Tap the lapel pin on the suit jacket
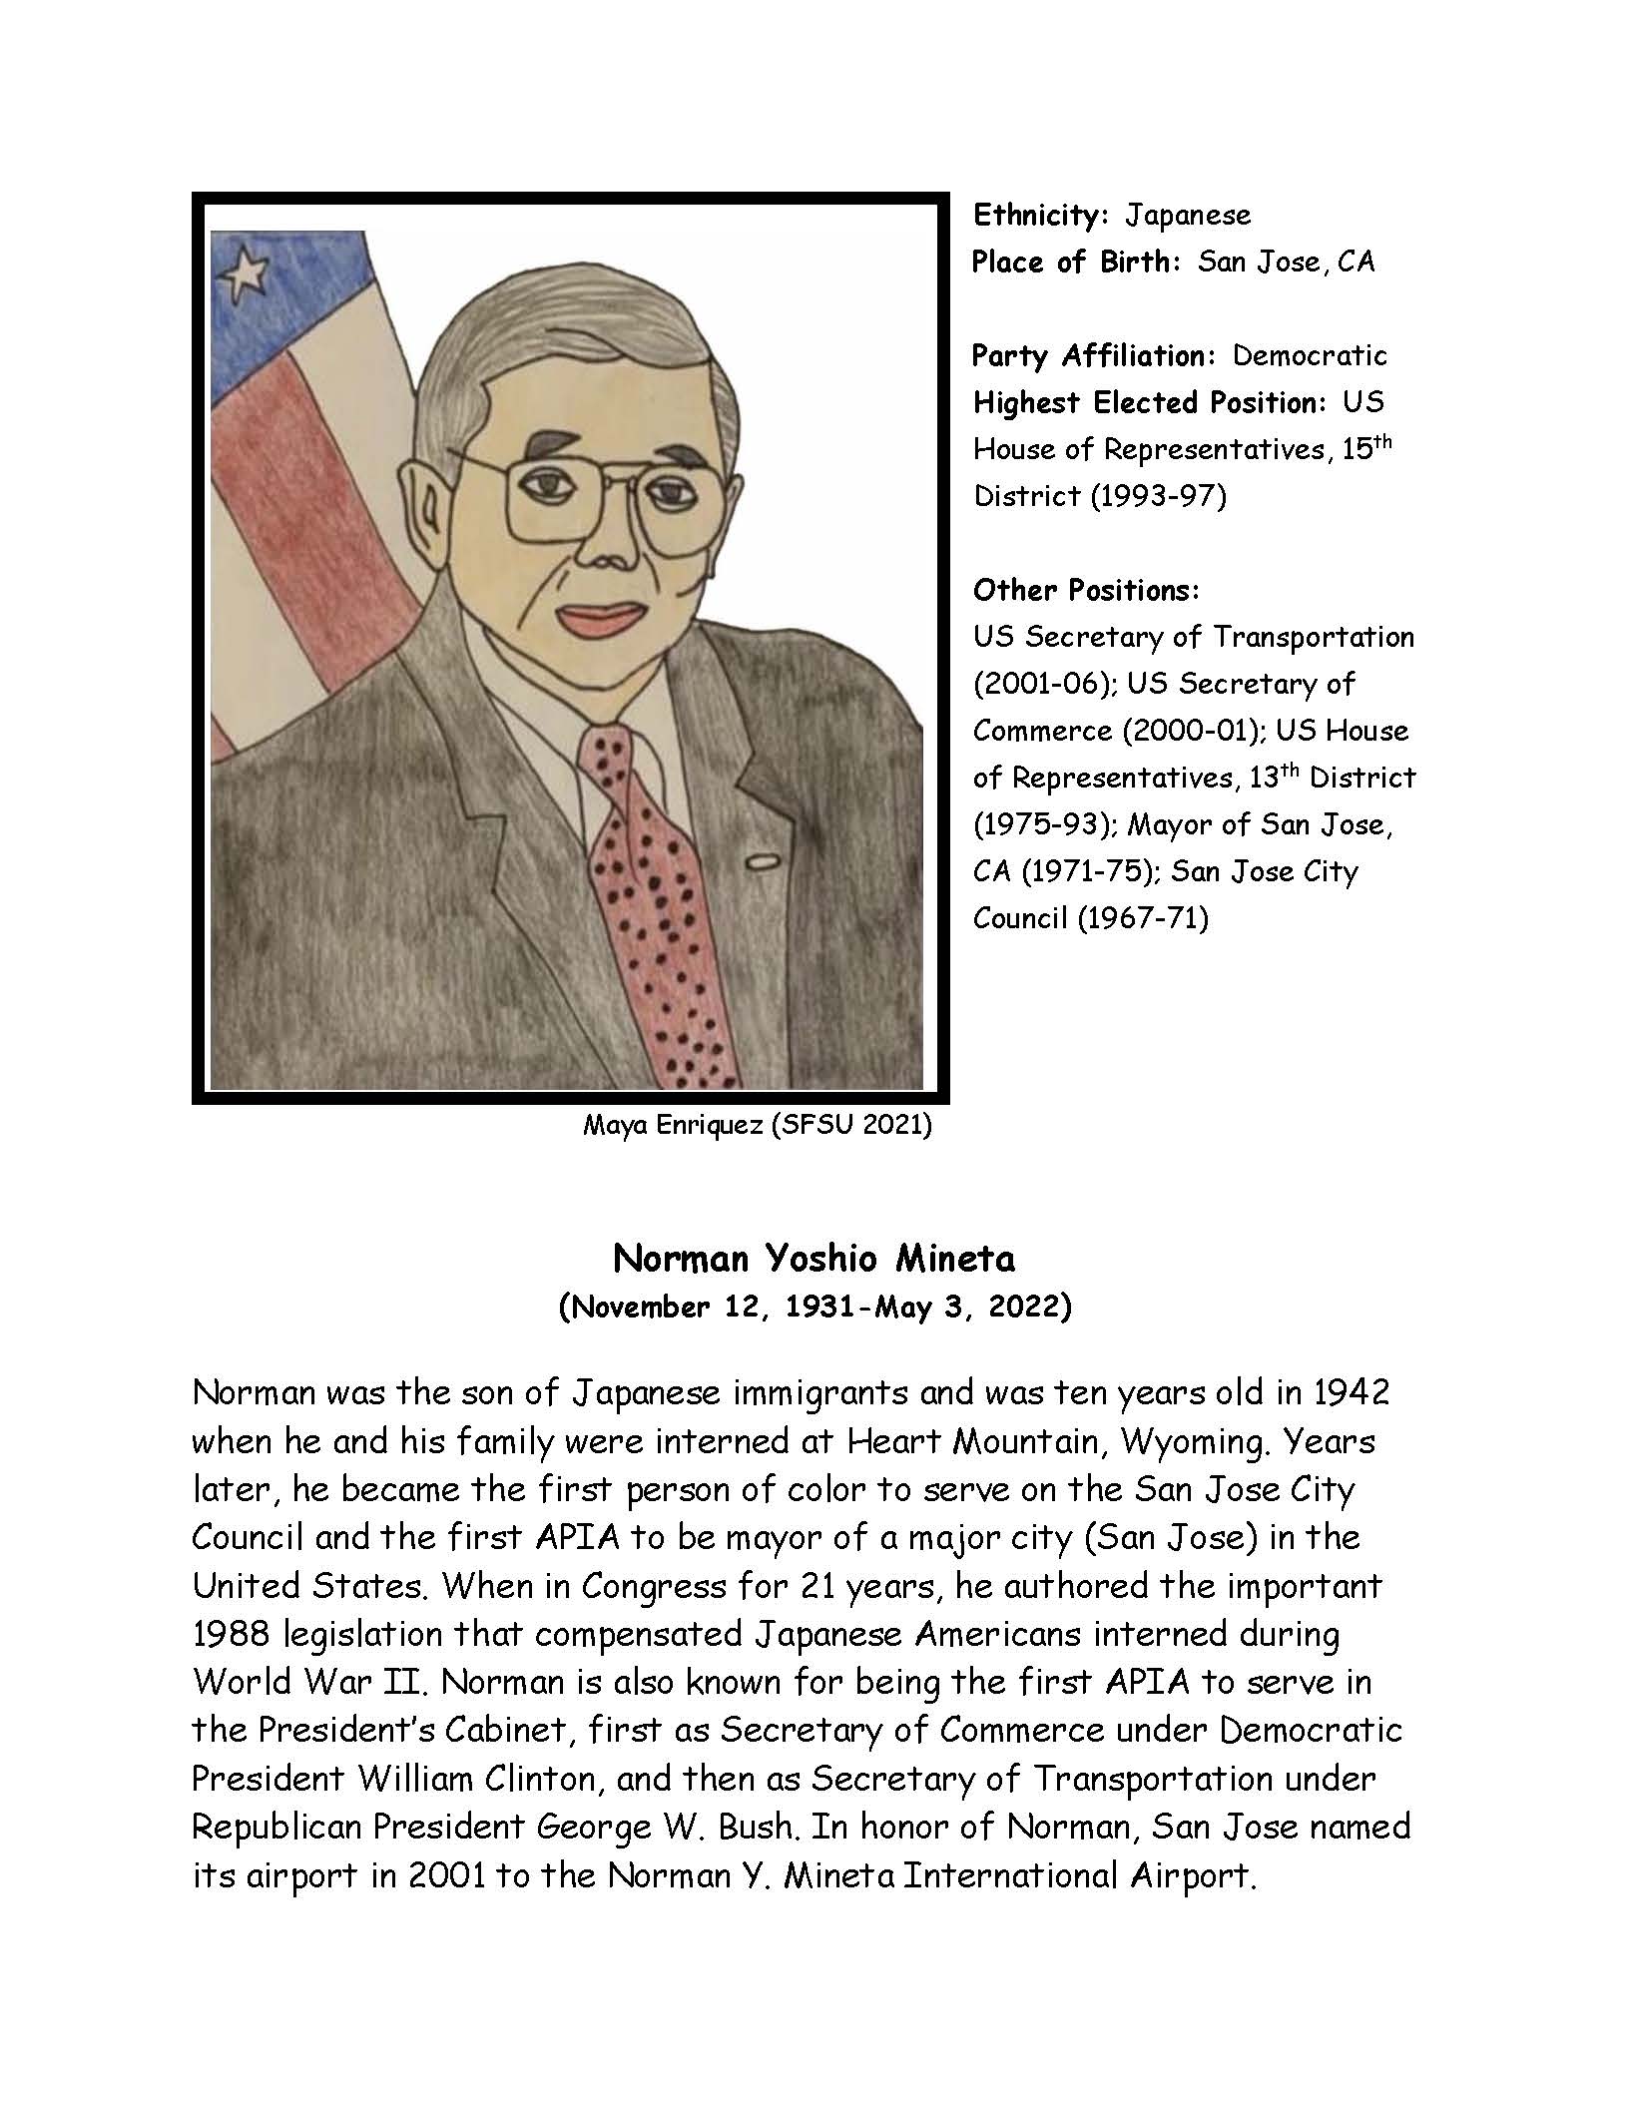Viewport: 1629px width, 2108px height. (764, 859)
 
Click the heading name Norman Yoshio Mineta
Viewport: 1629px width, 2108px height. (814, 1259)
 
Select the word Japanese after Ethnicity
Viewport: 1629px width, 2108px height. (1188, 215)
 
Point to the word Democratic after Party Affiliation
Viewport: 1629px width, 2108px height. (1310, 355)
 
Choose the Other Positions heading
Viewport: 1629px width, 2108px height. (1086, 590)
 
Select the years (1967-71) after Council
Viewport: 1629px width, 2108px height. (1142, 917)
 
